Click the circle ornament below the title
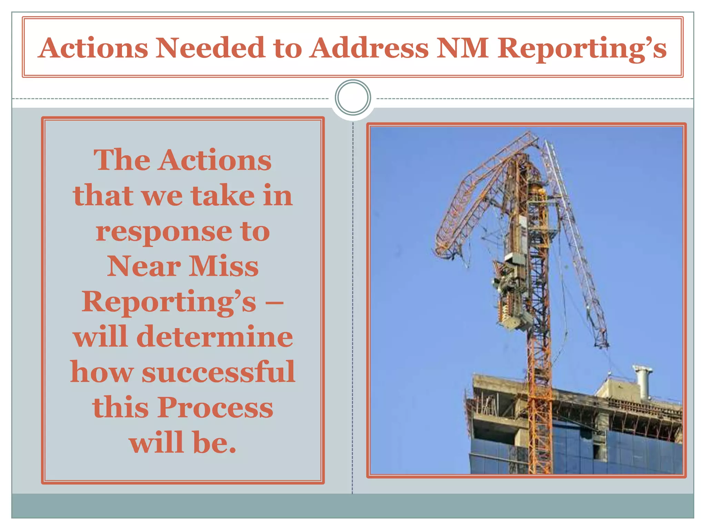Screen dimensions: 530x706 click(353, 97)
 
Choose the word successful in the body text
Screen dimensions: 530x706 click(218, 372)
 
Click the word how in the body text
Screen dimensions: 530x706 click(102, 372)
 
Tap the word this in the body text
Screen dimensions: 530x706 click(120, 408)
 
